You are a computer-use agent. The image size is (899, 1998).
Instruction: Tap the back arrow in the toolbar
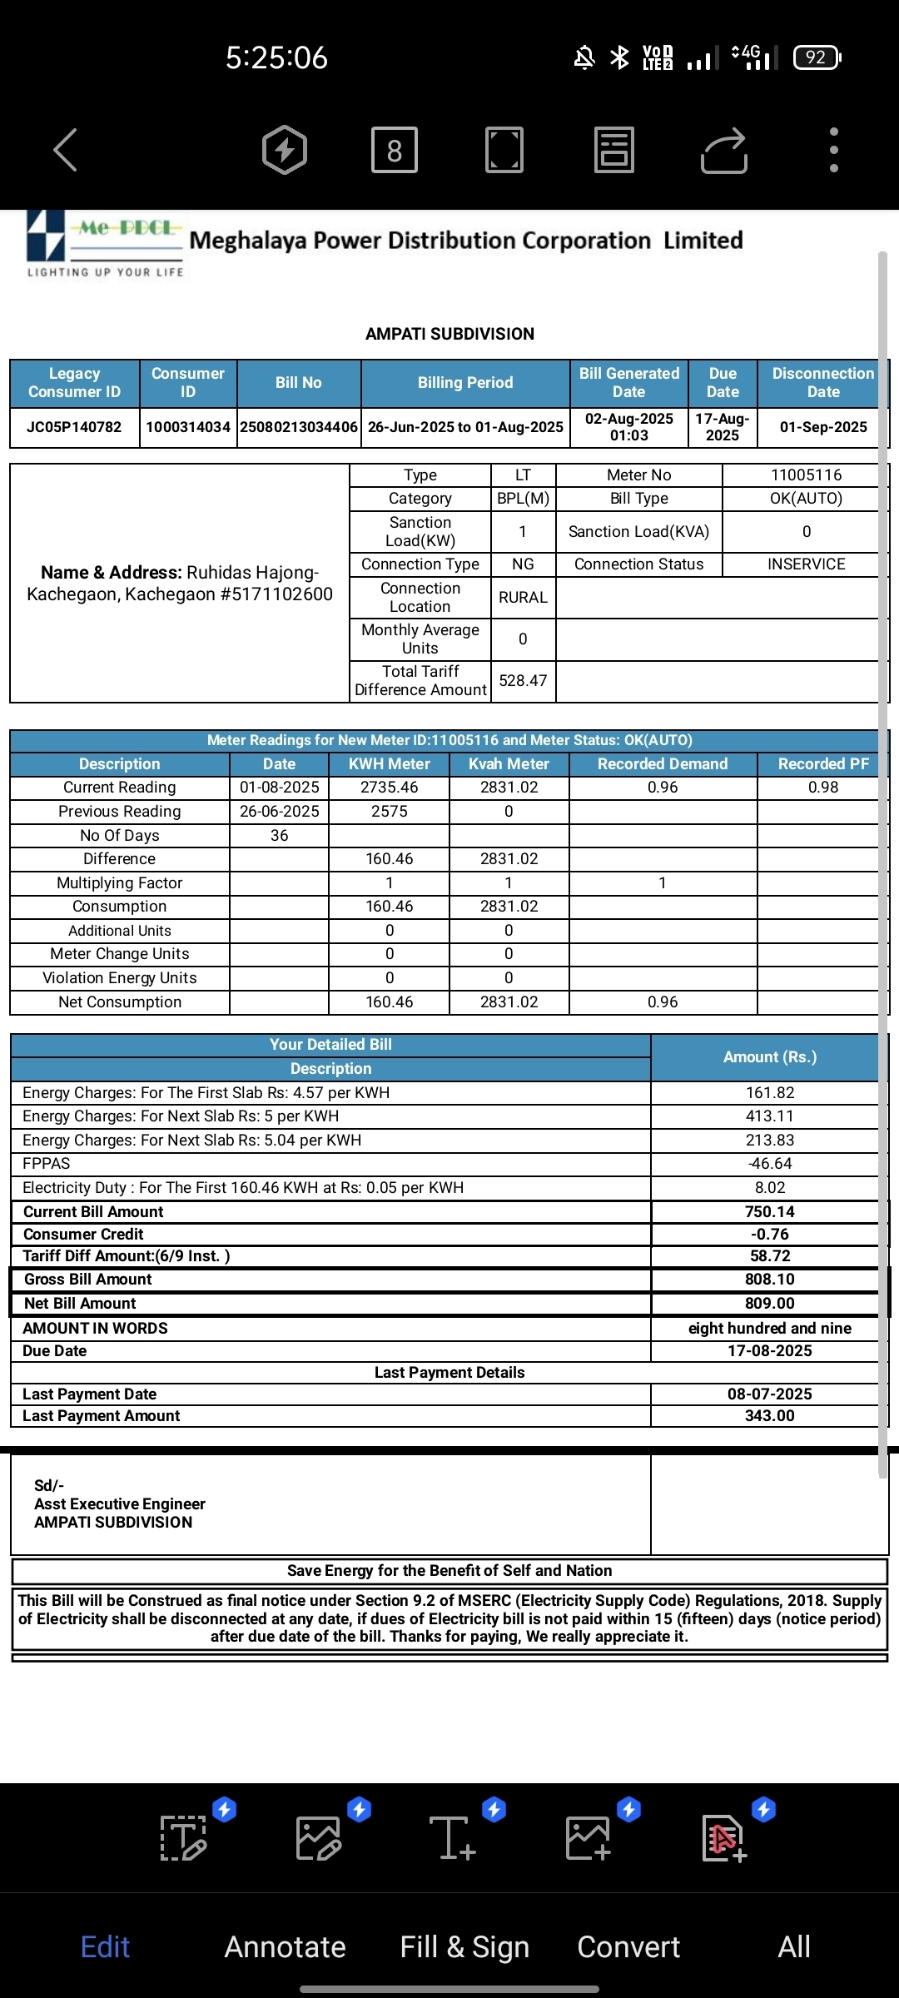[65, 150]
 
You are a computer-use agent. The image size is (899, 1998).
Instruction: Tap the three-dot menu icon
[834, 150]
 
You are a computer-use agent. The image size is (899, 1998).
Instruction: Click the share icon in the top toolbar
[723, 150]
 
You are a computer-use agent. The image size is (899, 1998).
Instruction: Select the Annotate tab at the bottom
[285, 1946]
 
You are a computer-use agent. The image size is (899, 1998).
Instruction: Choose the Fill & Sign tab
[464, 1946]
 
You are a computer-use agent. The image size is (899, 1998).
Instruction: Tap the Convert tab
[628, 1946]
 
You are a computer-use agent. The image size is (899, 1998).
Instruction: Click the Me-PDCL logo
[104, 241]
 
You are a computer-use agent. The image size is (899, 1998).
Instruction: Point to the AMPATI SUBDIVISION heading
[449, 334]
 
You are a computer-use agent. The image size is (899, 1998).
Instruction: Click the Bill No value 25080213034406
[299, 427]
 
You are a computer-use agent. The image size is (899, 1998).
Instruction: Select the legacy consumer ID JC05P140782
[74, 427]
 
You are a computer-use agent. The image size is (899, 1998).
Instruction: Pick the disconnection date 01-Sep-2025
[823, 427]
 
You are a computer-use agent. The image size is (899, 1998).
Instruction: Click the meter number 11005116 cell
[806, 475]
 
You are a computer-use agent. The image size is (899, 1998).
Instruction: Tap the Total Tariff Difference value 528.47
[523, 681]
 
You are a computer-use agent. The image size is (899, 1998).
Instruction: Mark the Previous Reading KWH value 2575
[389, 812]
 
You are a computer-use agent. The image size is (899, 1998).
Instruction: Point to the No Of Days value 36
[279, 835]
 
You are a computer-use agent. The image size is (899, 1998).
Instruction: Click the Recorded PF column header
[822, 764]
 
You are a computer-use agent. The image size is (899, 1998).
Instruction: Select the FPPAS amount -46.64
[769, 1164]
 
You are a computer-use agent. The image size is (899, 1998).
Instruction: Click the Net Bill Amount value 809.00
[769, 1304]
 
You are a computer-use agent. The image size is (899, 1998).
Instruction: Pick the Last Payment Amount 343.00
[769, 1416]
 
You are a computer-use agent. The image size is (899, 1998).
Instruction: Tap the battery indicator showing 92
[817, 57]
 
